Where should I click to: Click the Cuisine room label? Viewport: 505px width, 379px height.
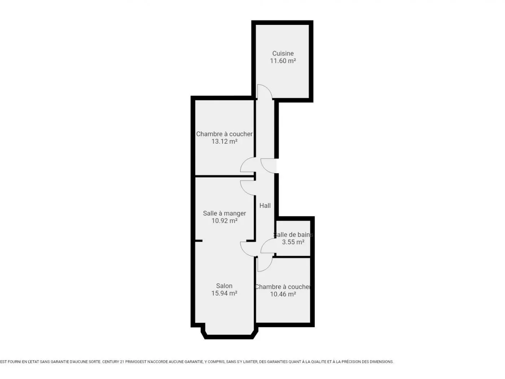pyautogui.click(x=283, y=53)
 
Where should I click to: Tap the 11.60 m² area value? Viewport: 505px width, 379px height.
pyautogui.click(x=283, y=61)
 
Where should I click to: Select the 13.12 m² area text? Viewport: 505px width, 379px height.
pyautogui.click(x=224, y=141)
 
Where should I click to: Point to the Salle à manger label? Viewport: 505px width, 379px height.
pyautogui.click(x=224, y=213)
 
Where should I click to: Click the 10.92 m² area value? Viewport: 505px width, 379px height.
pyautogui.click(x=224, y=221)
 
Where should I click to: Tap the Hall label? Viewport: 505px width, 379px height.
pyautogui.click(x=265, y=206)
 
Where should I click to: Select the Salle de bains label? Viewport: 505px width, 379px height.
pyautogui.click(x=293, y=235)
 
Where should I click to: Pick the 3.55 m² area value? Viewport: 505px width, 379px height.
pyautogui.click(x=293, y=242)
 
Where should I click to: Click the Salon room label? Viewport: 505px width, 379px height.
pyautogui.click(x=224, y=286)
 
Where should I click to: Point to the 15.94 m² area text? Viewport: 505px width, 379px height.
pyautogui.click(x=224, y=293)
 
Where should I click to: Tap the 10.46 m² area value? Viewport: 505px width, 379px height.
pyautogui.click(x=283, y=294)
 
